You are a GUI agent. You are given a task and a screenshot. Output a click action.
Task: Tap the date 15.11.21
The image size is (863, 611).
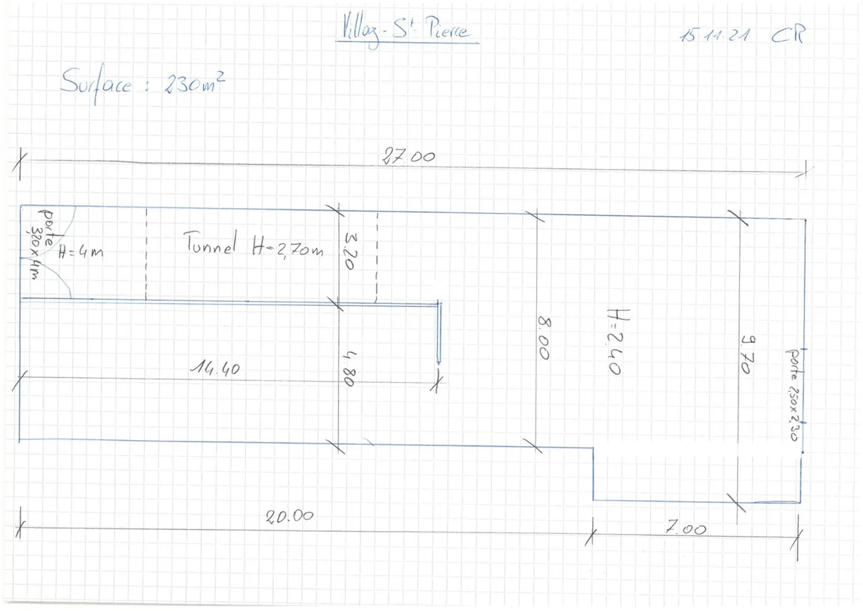point(714,35)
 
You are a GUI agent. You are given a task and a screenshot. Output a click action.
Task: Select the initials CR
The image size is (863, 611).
point(788,34)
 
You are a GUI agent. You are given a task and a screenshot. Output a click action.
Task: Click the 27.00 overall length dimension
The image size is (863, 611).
point(409,157)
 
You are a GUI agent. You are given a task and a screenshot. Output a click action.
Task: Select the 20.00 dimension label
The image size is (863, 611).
point(289,516)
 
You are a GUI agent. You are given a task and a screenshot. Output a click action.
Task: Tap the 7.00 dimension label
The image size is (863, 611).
point(686,528)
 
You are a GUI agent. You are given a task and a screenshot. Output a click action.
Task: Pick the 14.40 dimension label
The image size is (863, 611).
point(215,368)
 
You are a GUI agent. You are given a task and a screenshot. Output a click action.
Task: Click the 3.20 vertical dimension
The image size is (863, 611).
point(351,251)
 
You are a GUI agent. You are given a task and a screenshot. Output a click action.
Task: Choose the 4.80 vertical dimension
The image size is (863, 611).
point(350,368)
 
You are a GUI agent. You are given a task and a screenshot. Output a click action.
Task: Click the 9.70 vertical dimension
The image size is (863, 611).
point(747,354)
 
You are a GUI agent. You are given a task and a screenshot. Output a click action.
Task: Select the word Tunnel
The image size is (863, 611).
point(210,244)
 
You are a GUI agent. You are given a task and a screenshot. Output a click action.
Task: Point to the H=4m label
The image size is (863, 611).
point(81,252)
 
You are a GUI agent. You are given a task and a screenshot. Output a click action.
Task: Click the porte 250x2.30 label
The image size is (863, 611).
point(792,395)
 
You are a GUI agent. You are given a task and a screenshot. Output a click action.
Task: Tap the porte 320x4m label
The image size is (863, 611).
point(41,243)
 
